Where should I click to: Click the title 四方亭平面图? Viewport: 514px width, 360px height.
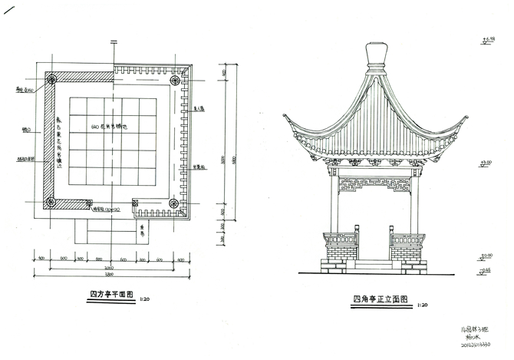coord(111,294)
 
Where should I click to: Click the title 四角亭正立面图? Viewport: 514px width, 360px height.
coord(379,299)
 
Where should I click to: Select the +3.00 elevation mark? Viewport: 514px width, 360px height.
coord(486,163)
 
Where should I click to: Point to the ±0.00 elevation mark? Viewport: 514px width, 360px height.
coord(486,255)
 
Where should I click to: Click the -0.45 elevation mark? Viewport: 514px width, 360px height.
coord(486,269)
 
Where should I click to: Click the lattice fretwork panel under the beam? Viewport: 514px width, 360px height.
coord(375,183)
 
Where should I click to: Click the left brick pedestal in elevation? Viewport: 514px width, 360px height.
coord(341,249)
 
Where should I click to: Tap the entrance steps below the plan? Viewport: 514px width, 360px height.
coord(107,234)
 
